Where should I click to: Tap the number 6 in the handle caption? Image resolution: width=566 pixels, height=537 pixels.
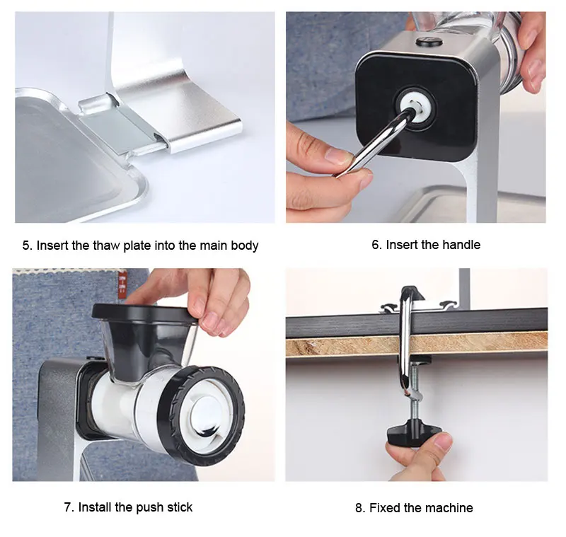tap(375, 245)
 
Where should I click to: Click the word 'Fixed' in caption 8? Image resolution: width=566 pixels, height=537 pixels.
tap(385, 508)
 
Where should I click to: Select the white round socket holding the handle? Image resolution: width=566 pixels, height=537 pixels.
tap(416, 106)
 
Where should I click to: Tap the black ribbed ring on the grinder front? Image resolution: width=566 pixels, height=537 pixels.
tap(202, 416)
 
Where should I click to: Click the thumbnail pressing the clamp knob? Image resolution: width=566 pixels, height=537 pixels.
tap(442, 440)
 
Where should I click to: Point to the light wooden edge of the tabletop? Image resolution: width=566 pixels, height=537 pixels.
tap(417, 345)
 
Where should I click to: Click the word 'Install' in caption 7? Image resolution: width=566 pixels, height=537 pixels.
tap(95, 507)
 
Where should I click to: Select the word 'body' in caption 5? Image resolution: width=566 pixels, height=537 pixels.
tap(245, 246)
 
